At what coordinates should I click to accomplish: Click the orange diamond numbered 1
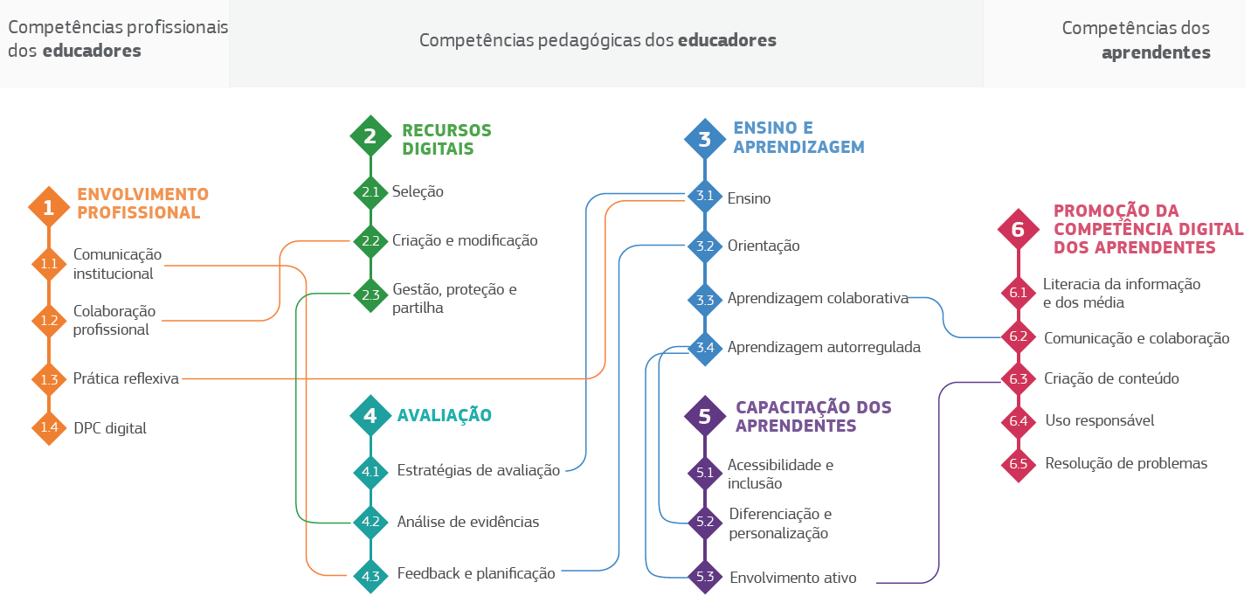tap(49, 207)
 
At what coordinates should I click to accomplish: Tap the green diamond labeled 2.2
tap(370, 241)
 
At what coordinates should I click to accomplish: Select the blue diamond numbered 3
tap(705, 139)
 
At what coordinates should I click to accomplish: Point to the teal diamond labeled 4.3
tap(370, 576)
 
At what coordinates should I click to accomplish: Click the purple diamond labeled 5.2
tap(705, 522)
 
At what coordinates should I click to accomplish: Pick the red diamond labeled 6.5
tap(1018, 464)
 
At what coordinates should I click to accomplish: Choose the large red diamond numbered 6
tap(1018, 229)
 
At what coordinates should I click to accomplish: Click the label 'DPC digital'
tap(110, 428)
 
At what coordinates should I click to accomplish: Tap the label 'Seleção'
tap(418, 191)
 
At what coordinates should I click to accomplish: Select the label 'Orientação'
tap(764, 246)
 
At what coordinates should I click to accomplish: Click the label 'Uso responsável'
tap(1100, 420)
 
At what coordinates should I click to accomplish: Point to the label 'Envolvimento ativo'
tap(793, 578)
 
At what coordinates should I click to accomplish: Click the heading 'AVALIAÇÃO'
tap(445, 415)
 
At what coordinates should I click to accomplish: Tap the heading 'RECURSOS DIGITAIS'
tap(446, 139)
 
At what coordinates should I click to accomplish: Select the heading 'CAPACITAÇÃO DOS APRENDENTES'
tap(813, 416)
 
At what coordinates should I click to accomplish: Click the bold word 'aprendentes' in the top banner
tap(1156, 52)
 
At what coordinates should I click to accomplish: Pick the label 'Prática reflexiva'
tap(126, 378)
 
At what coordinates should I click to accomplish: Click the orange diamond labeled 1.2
tap(49, 320)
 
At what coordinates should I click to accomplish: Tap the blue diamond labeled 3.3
tap(705, 300)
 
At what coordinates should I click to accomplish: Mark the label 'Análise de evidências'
tap(468, 522)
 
